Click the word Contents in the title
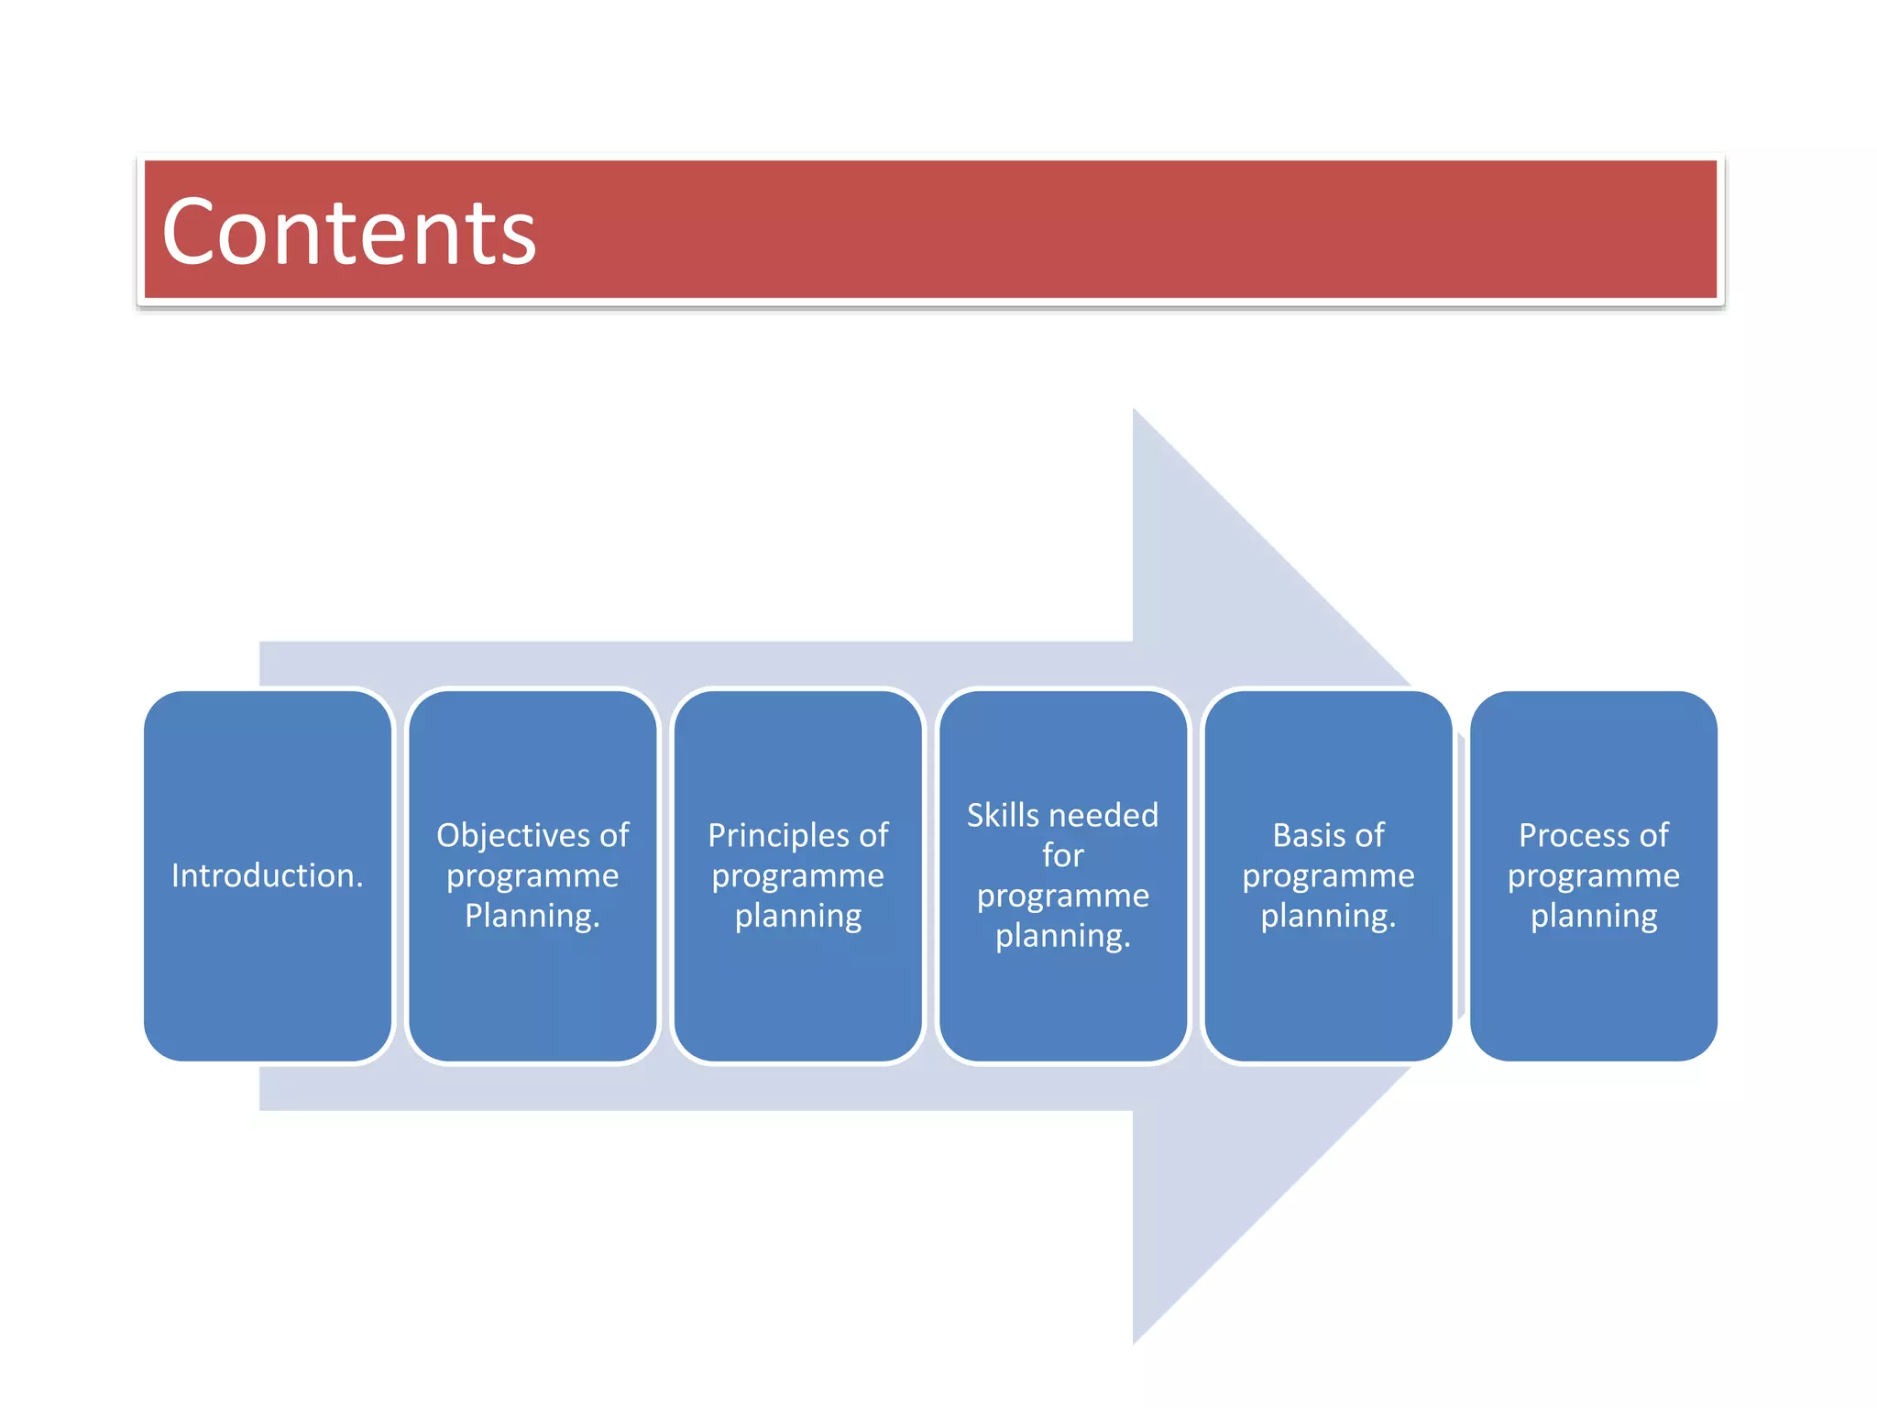point(348,233)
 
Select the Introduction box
point(268,875)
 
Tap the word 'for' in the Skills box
point(1063,855)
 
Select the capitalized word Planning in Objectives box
point(532,916)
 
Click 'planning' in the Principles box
point(798,917)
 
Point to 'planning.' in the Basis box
point(1328,917)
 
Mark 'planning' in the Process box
point(1594,917)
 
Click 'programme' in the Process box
point(1594,876)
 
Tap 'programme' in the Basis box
point(1328,876)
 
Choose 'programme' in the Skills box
point(1063,896)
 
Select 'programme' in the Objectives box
point(532,876)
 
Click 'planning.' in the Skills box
point(1063,936)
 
